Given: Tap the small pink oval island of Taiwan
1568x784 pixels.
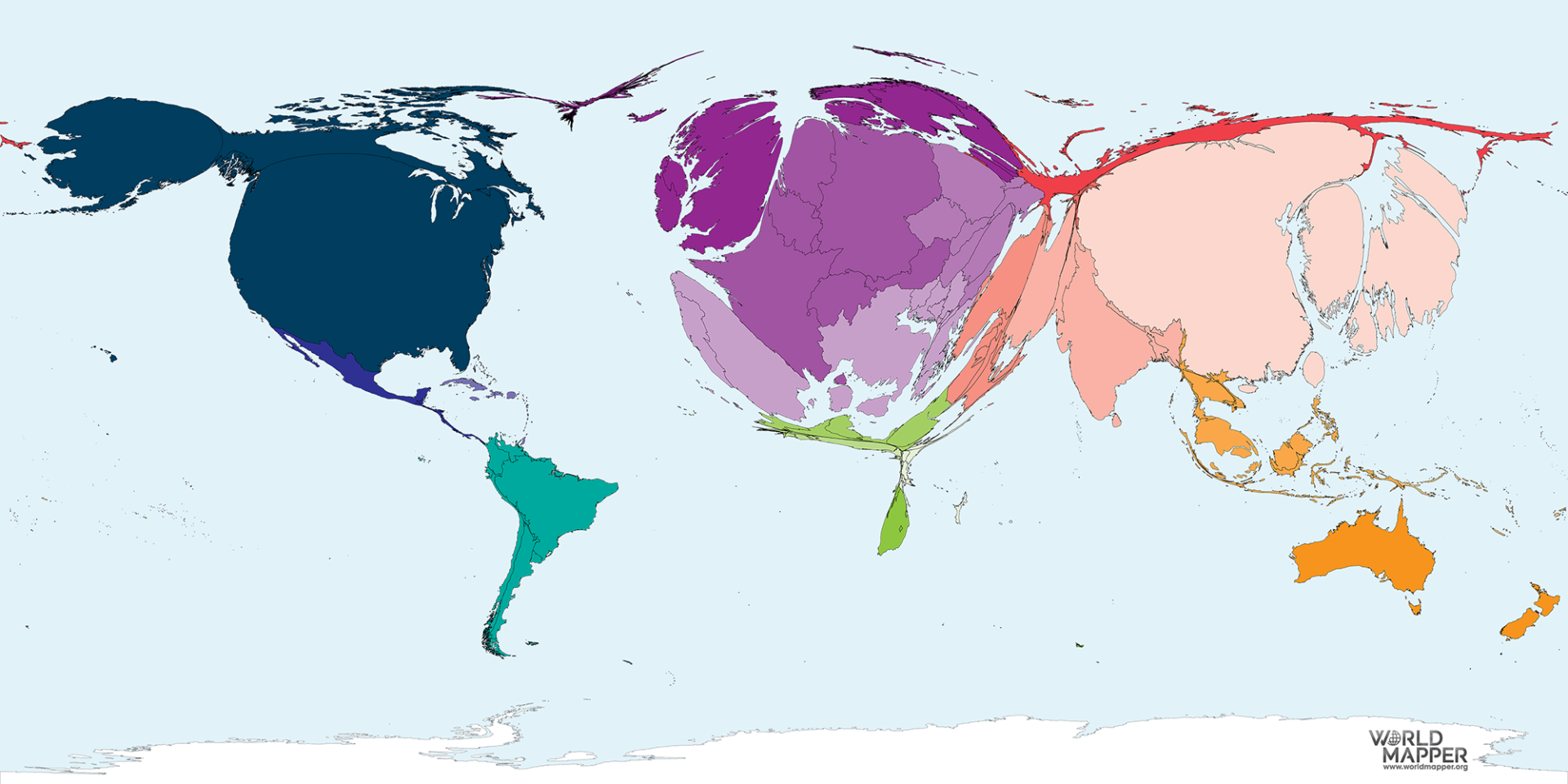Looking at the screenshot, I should [x=1313, y=368].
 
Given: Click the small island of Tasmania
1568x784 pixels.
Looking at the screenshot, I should [x=1414, y=607].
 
